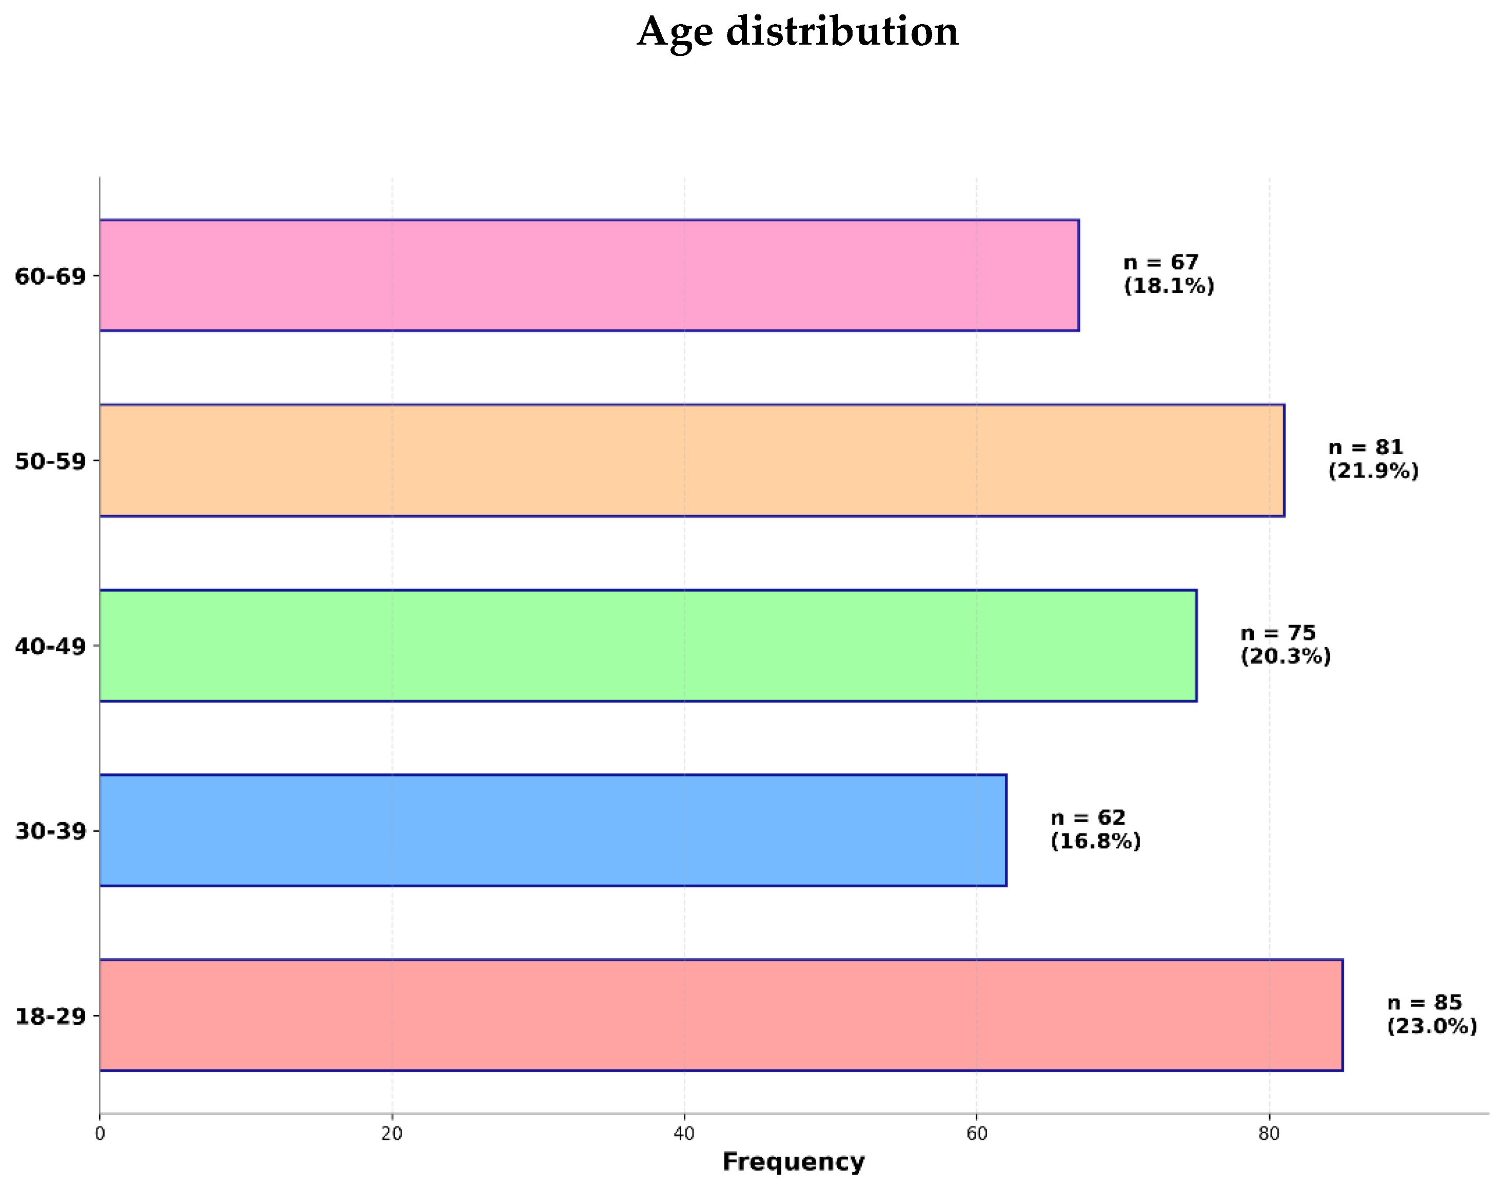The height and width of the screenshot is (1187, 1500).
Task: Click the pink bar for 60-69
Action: click(x=588, y=275)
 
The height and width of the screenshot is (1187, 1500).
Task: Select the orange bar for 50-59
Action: click(x=692, y=460)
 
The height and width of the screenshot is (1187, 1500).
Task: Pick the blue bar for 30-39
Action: click(x=552, y=830)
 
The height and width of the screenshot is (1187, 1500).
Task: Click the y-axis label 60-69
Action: click(x=50, y=277)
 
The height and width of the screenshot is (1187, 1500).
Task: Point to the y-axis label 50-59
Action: click(x=50, y=461)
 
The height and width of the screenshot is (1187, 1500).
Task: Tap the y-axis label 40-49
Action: click(x=50, y=646)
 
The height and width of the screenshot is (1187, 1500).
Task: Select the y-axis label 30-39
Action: click(x=50, y=831)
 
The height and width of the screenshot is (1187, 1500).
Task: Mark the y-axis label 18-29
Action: click(x=50, y=1017)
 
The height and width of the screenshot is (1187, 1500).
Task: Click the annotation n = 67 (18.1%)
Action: click(x=1169, y=274)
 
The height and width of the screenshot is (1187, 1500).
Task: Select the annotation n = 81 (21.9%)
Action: click(x=1373, y=459)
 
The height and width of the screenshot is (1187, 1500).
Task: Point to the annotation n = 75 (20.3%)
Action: click(x=1286, y=644)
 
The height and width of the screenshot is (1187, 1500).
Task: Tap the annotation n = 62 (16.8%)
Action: click(x=1095, y=829)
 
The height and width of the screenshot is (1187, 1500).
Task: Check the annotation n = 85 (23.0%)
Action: click(x=1431, y=1014)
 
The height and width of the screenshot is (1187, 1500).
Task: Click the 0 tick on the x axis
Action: click(x=100, y=1134)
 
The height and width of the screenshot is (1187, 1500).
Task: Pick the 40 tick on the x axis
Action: click(x=684, y=1134)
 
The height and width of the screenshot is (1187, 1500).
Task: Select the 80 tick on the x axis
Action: click(x=1269, y=1134)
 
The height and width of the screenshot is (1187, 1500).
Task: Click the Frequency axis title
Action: click(x=794, y=1162)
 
